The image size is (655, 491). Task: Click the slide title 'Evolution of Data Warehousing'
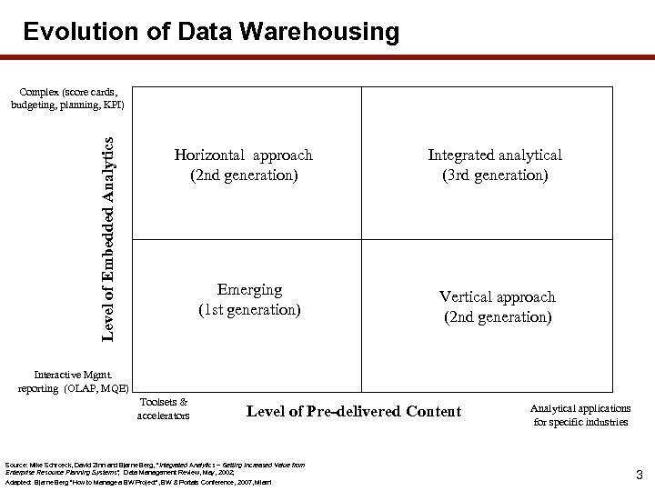point(211,33)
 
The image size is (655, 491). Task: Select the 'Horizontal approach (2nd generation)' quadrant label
point(243,165)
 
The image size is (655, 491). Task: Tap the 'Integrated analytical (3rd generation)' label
point(495,165)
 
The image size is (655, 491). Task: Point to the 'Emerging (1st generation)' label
point(249,299)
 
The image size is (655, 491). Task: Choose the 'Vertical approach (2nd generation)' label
point(497,306)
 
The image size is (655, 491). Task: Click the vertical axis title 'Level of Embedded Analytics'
point(108,239)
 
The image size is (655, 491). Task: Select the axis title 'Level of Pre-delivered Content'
point(354,412)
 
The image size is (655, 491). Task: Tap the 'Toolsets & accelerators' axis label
point(164,408)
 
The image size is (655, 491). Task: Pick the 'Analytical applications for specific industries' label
point(580,415)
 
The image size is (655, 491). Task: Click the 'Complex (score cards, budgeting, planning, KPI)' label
point(68,98)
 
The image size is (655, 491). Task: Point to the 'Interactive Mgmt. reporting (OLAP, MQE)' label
point(74,381)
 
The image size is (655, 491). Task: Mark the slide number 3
point(639,475)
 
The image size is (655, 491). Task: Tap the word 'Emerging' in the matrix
point(249,289)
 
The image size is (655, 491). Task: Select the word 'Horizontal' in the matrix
point(211,155)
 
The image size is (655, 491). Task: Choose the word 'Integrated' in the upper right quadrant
point(461,155)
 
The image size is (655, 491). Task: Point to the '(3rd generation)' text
point(495,175)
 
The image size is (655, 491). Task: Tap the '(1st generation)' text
point(249,309)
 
